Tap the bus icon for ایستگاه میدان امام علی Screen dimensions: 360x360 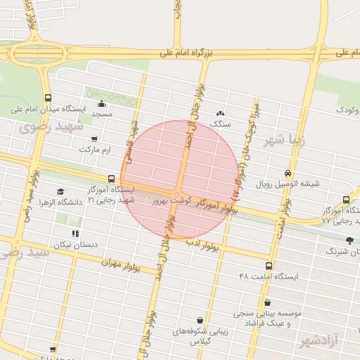(x=48, y=98)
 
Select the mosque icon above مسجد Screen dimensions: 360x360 (x=102, y=103)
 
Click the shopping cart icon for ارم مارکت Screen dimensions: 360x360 (x=94, y=139)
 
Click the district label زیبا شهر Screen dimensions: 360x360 (x=285, y=139)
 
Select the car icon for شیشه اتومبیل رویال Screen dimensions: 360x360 (x=288, y=174)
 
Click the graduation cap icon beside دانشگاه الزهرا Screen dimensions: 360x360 (x=60, y=192)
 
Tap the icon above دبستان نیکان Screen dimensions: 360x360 (x=75, y=233)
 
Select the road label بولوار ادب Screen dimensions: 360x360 (x=204, y=245)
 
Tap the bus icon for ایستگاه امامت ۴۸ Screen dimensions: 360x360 (x=269, y=266)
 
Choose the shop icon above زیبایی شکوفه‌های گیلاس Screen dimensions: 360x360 (x=200, y=320)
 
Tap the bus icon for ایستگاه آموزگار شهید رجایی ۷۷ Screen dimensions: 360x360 (x=346, y=200)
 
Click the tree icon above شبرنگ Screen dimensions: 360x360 (x=349, y=240)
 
